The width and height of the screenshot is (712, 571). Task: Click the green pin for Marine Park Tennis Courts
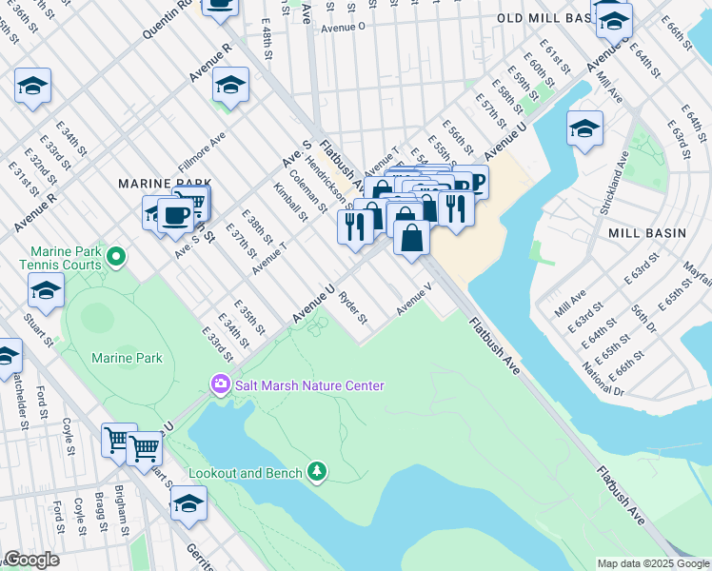116,255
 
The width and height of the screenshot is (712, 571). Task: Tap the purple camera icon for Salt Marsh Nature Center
221,384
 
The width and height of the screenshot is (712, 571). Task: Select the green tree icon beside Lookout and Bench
317,472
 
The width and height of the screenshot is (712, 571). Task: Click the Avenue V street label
415,298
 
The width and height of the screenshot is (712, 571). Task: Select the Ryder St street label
353,306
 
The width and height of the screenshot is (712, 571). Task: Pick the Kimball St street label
290,201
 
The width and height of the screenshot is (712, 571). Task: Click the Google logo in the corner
30,560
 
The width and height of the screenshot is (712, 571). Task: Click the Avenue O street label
344,28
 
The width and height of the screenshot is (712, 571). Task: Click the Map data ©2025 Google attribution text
652,563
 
